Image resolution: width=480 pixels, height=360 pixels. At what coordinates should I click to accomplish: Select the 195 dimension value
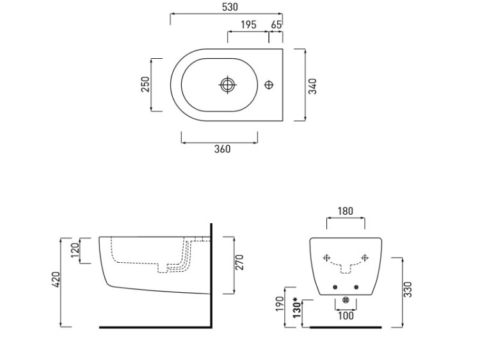249,25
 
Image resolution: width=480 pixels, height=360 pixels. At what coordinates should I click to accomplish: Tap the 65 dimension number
276,25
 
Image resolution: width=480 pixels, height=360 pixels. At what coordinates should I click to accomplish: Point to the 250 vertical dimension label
145,84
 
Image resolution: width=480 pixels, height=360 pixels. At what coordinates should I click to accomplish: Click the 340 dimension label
314,86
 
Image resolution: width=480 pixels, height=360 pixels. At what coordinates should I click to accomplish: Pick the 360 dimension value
222,149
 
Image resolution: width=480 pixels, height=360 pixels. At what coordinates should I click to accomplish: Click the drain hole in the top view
228,84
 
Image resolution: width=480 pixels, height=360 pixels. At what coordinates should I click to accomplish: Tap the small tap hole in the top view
269,84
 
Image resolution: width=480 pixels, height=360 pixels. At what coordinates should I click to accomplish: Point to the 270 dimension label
241,262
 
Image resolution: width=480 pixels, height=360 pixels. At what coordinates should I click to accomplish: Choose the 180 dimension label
346,212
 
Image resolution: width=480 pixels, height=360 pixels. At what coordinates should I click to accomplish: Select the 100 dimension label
346,316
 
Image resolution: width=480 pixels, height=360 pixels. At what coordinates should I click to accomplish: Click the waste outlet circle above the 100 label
346,301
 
